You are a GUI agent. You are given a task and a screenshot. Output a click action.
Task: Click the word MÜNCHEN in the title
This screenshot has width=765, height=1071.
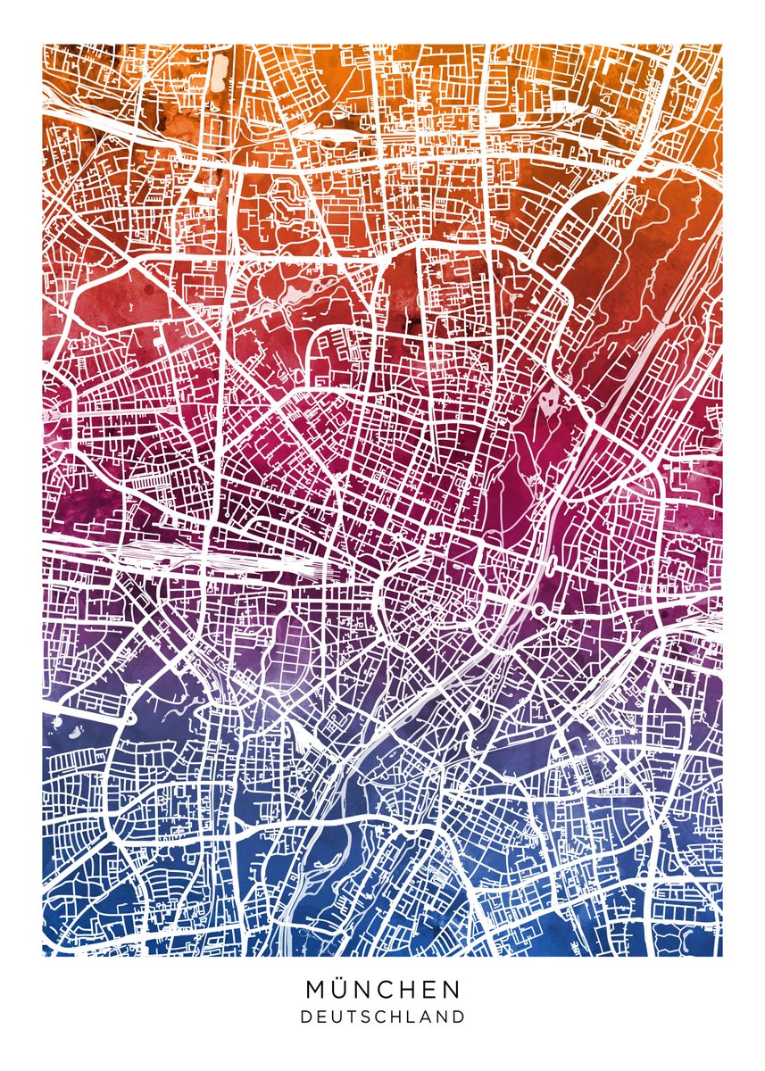pyautogui.click(x=383, y=989)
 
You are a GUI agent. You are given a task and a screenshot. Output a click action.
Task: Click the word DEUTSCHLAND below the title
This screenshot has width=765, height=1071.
pyautogui.click(x=383, y=1017)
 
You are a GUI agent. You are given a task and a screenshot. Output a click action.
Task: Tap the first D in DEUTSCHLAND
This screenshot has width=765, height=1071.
pyautogui.click(x=305, y=1017)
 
